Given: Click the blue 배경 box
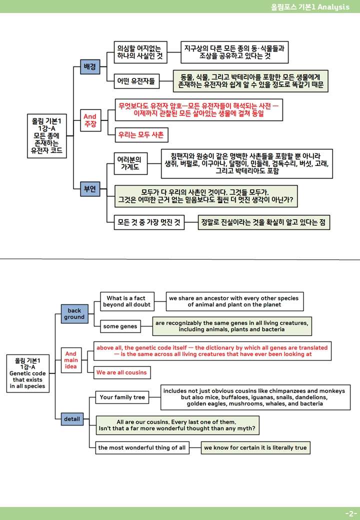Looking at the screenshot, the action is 90,66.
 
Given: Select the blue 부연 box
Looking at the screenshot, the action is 90,189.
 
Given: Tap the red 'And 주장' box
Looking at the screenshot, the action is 90,120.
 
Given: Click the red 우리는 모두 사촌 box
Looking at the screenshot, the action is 141,135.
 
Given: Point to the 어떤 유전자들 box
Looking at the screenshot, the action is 136,81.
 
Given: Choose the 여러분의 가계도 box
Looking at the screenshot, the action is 130,163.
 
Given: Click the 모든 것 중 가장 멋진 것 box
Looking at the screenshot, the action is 149,222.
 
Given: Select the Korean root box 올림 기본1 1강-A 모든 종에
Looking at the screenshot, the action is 46,136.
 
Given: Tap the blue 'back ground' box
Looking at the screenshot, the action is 74,313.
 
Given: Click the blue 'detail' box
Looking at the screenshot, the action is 72,419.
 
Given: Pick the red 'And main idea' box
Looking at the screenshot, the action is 71,360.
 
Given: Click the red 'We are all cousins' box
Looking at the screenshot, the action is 122,372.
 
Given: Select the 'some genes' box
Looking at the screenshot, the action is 120,326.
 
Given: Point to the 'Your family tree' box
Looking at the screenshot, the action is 122,397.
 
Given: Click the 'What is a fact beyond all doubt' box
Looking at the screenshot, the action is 127,301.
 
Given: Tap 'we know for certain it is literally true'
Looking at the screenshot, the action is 255,447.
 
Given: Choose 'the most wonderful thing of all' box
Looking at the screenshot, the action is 142,447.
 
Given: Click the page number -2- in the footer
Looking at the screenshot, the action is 351,513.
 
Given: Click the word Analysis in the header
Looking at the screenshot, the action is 333,7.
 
